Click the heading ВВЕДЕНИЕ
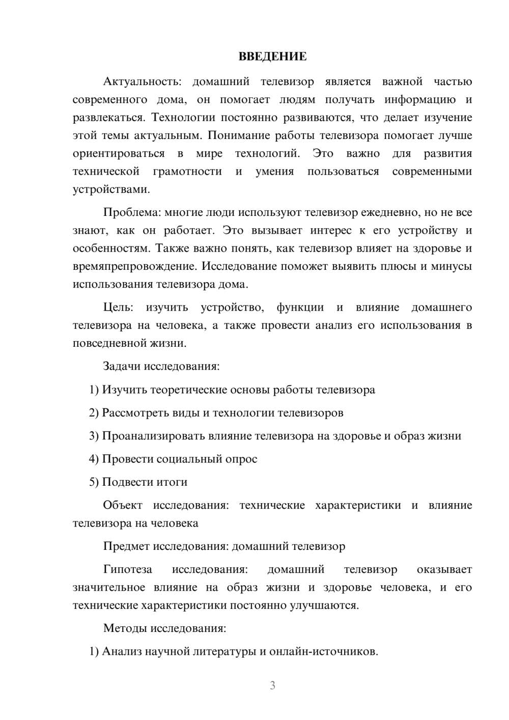[272, 57]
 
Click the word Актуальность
[141, 81]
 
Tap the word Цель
[118, 307]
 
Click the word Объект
[122, 505]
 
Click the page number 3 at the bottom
[272, 685]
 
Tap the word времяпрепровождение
[136, 266]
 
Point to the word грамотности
[187, 172]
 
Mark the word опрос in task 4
[241, 459]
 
